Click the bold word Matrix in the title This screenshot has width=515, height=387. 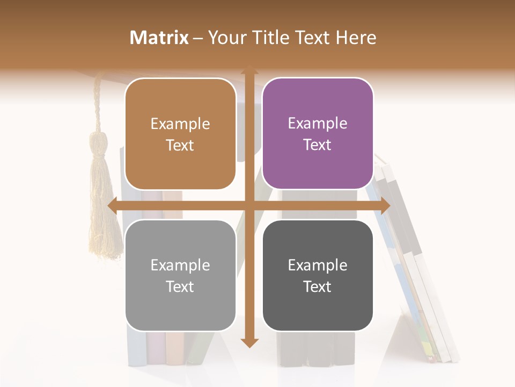point(159,38)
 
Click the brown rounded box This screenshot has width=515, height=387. point(180,134)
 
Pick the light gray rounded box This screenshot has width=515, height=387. point(180,275)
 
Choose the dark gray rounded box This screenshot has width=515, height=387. point(318,275)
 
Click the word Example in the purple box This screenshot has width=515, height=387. point(318,124)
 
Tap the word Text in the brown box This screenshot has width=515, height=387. point(180,146)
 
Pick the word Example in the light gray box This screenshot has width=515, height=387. point(180,265)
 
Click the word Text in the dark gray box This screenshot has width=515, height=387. point(318,287)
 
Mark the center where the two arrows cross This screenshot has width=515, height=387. point(249,205)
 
